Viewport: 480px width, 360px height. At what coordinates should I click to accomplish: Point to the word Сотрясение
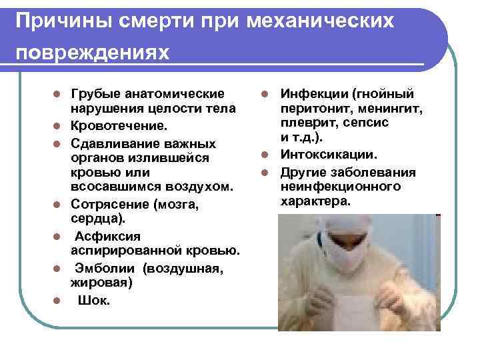[x=110, y=204]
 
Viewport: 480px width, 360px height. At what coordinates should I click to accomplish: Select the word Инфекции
[x=313, y=93]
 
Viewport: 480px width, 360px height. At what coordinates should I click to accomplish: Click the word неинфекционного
[x=340, y=187]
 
